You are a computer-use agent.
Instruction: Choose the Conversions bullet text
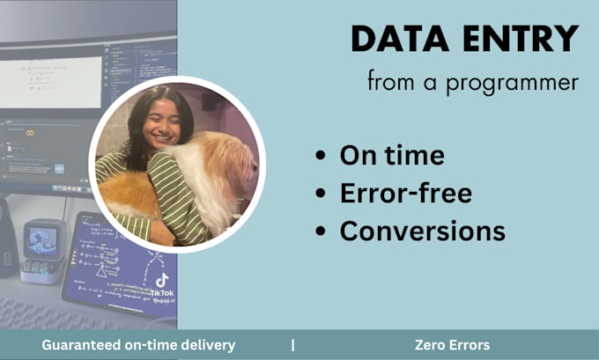423,231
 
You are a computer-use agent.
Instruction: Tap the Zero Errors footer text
452,345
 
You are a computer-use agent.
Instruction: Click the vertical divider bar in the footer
293,345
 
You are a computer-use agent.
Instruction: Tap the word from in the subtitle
390,83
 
